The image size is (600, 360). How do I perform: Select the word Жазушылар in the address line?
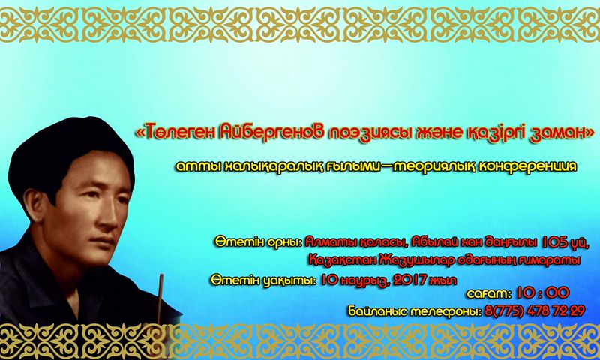pos(418,260)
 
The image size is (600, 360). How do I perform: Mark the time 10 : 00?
pos(543,293)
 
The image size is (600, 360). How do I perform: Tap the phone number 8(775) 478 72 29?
pos(535,310)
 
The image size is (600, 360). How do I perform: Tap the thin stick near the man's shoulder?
pos(160,299)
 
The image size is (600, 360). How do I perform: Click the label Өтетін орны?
pos(259,242)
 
